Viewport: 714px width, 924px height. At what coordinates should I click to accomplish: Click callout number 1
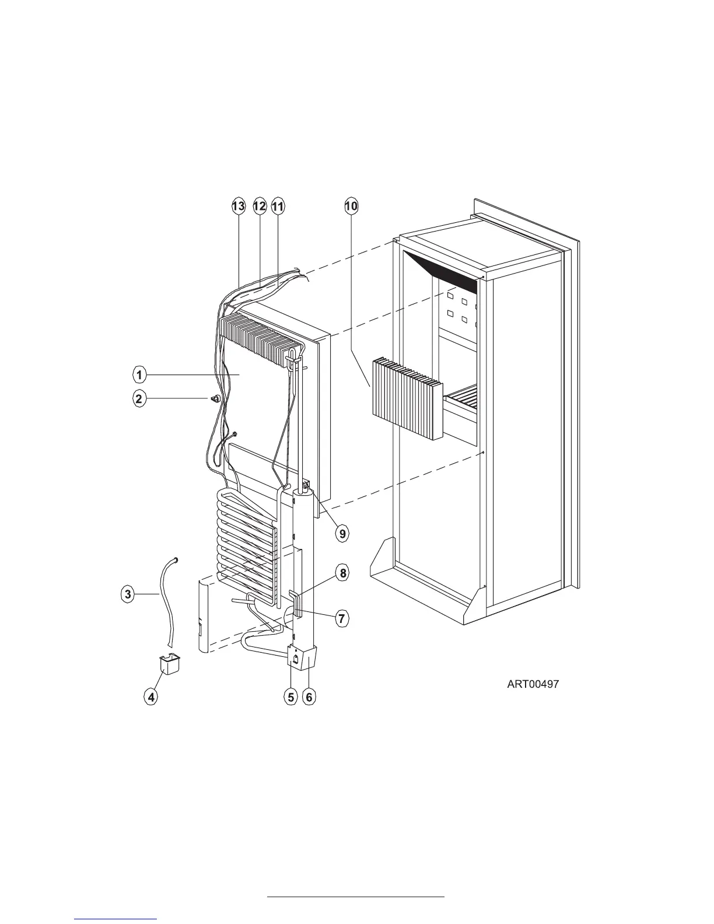[139, 373]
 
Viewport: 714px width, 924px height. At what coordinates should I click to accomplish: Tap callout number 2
[139, 399]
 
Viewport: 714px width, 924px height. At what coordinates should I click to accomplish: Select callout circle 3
[127, 594]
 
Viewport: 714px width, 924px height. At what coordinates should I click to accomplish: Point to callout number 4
[151, 696]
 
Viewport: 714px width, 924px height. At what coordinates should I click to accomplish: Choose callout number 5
[290, 696]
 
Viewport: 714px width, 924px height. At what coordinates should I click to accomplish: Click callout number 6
[309, 696]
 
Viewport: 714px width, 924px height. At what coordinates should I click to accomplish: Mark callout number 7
[342, 618]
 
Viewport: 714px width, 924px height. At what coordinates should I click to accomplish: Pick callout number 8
[343, 573]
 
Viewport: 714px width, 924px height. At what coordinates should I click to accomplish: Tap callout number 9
[342, 532]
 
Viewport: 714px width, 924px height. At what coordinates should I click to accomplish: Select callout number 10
[351, 206]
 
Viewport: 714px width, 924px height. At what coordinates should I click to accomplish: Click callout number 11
[277, 206]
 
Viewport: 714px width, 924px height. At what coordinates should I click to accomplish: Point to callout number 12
[260, 206]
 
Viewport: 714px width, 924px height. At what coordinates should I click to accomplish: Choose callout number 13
[238, 206]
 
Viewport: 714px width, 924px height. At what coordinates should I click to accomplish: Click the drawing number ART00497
[533, 684]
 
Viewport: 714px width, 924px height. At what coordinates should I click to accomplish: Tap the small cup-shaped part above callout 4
[169, 664]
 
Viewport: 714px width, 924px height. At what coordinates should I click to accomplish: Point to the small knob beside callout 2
[216, 398]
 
